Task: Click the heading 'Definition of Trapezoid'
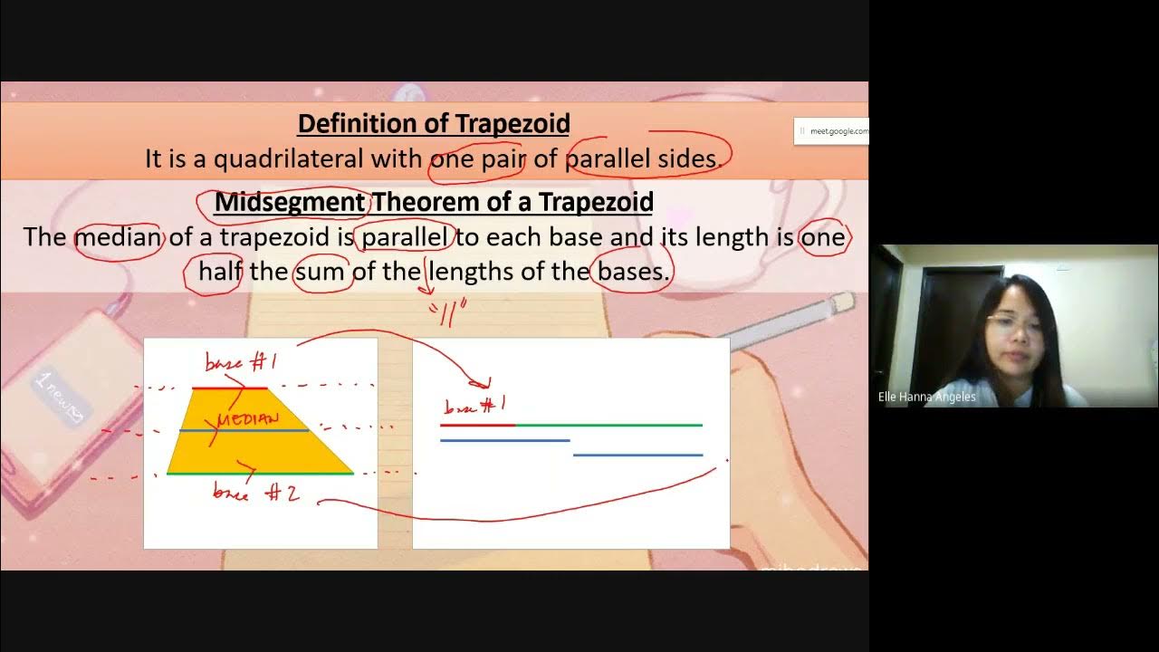pos(433,123)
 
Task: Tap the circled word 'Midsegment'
pos(290,201)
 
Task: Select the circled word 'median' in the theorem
pos(118,237)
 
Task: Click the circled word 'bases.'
pos(632,272)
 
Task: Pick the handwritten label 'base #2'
pos(255,492)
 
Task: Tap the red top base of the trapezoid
pos(230,388)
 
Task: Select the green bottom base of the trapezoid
pos(260,473)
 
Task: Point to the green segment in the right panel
pos(608,424)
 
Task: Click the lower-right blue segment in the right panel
pos(637,455)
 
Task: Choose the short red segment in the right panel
pos(477,424)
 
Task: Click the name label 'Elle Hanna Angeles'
pos(927,397)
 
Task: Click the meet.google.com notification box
pos(831,131)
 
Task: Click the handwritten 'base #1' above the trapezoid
pos(241,363)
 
